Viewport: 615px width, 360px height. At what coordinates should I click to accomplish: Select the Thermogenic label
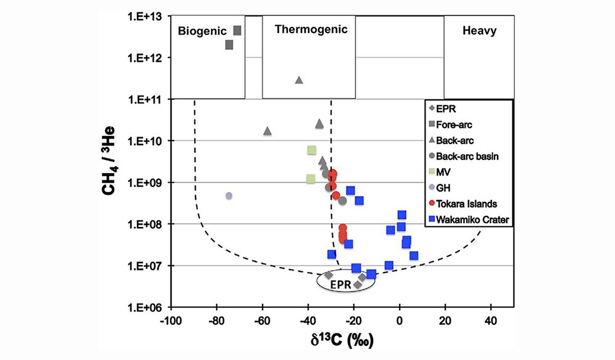click(x=311, y=29)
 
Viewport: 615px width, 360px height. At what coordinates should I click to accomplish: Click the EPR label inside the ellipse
click(x=340, y=284)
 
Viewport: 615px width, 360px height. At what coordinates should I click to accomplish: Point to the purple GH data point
click(x=229, y=196)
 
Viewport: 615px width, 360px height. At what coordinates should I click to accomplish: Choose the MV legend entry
click(x=445, y=172)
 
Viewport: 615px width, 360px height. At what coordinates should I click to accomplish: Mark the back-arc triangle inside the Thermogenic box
click(x=299, y=80)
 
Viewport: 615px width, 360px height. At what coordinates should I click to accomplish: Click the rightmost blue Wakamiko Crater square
click(x=414, y=255)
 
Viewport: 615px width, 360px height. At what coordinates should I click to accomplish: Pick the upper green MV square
click(x=311, y=150)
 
